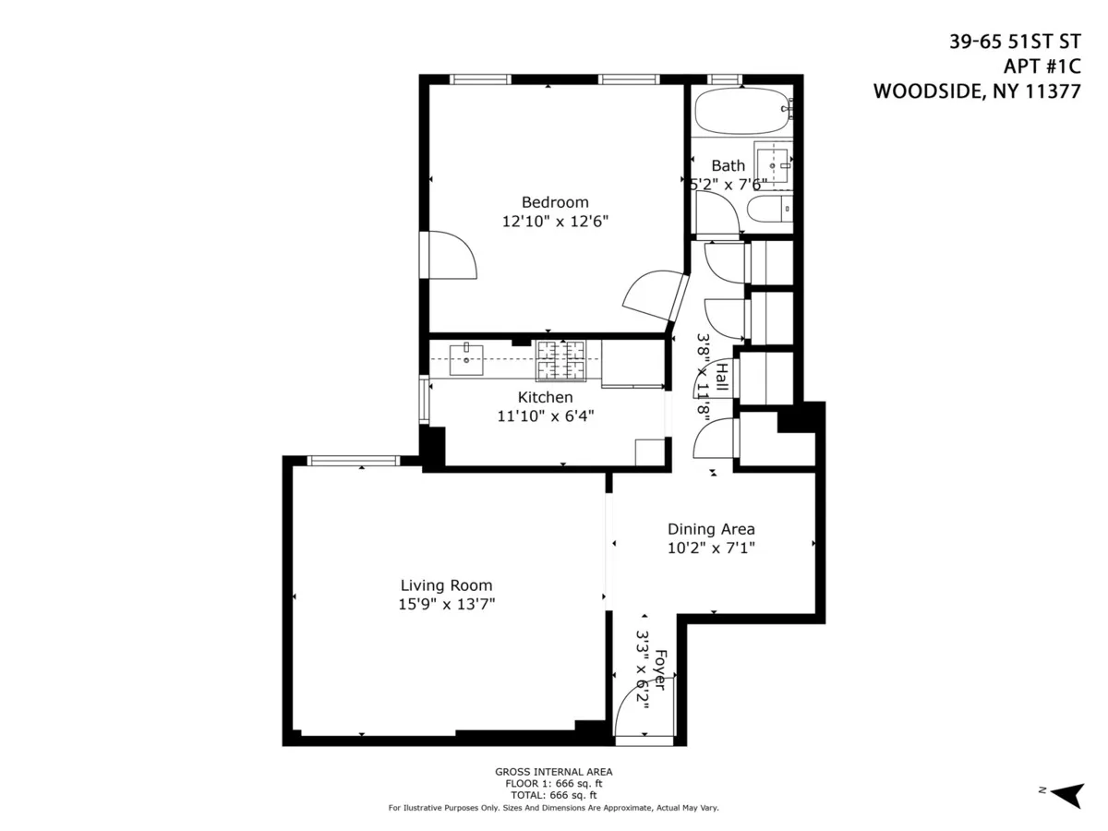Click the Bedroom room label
pos(554,202)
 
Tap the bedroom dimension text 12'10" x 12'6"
pos(554,222)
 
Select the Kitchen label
pos(545,397)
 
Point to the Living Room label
pos(446,585)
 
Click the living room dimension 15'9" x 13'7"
pos(446,605)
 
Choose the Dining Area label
pos(711,529)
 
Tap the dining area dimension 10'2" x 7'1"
pos(711,548)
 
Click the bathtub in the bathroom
pos(742,112)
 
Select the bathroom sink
pos(772,164)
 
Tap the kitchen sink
pos(467,358)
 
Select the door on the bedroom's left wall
pos(451,255)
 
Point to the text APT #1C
pos(1042,66)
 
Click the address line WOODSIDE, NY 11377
pos(976,92)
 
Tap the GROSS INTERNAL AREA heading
pos(553,772)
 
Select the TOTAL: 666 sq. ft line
pos(553,795)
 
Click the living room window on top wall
pos(353,461)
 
